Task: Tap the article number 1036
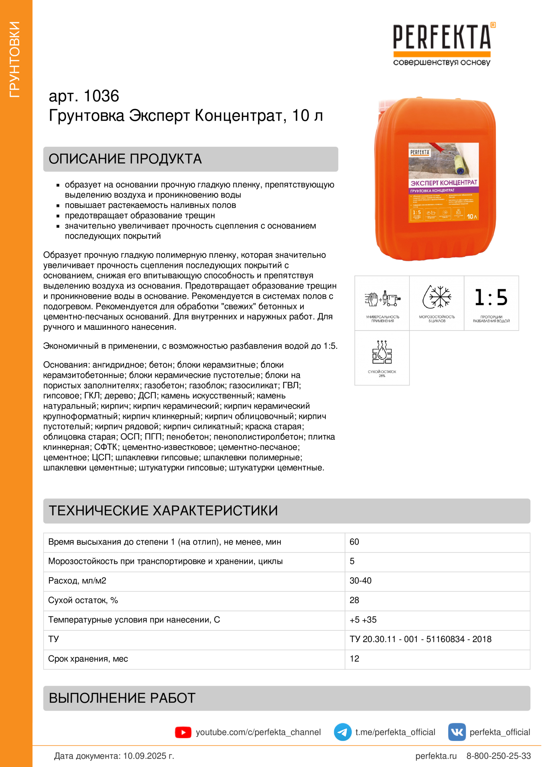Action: coord(101,96)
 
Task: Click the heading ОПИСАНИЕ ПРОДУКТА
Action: coord(125,159)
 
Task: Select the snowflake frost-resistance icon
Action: coord(437,296)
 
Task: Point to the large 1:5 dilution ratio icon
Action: coord(491,297)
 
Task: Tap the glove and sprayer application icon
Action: coord(382,298)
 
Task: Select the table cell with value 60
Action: coord(354,542)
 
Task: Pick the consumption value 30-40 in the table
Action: coord(360,581)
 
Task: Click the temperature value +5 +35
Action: coord(363,620)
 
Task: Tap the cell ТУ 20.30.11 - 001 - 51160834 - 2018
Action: coord(420,639)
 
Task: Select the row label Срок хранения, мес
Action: coord(88,659)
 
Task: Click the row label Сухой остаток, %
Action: coord(83,600)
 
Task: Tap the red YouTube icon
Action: coord(183,732)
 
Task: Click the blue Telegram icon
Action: coord(343,732)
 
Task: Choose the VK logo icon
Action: coord(457,732)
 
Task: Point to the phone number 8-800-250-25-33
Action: coord(498,756)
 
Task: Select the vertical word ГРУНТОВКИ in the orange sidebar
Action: coord(15,59)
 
